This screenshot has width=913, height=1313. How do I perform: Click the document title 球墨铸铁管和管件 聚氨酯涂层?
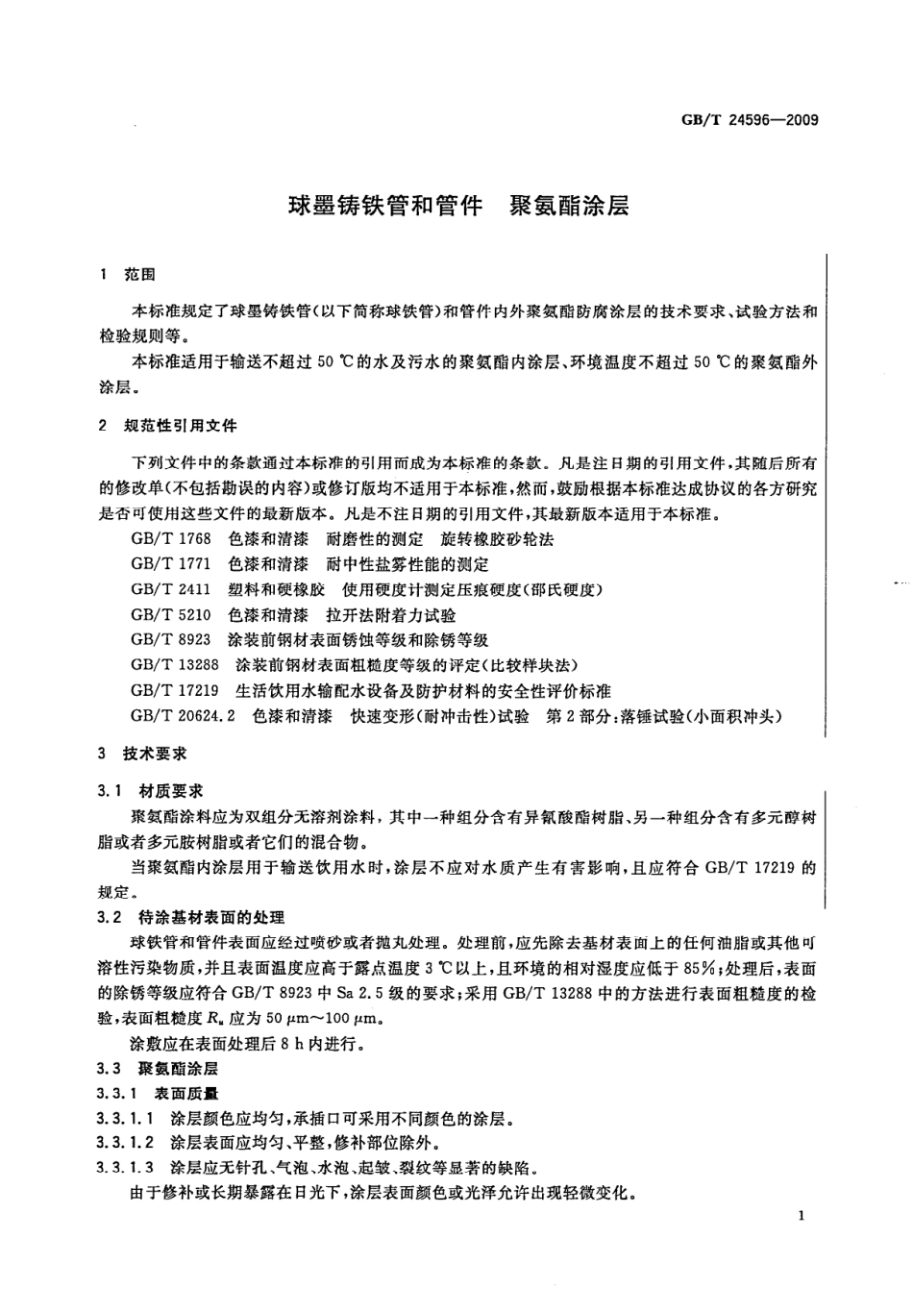pyautogui.click(x=458, y=206)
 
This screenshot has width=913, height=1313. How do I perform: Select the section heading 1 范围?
pyautogui.click(x=127, y=275)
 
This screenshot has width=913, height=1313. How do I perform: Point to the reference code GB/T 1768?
pyautogui.click(x=170, y=539)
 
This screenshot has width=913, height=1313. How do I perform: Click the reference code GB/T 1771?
pyautogui.click(x=170, y=564)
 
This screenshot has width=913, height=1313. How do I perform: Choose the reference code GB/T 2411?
pyautogui.click(x=170, y=589)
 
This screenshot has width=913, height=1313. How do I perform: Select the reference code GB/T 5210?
pyautogui.click(x=170, y=615)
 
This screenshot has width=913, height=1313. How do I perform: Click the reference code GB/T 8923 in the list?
pyautogui.click(x=170, y=640)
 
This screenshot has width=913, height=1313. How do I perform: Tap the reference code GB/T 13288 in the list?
pyautogui.click(x=175, y=665)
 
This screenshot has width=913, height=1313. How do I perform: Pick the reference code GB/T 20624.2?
pyautogui.click(x=183, y=716)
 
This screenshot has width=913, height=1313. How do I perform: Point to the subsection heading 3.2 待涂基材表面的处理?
pyautogui.click(x=191, y=917)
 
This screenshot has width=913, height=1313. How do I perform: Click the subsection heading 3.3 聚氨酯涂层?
pyautogui.click(x=159, y=1068)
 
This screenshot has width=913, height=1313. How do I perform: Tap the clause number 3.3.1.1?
pyautogui.click(x=125, y=1119)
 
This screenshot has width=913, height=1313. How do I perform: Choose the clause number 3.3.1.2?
pyautogui.click(x=125, y=1143)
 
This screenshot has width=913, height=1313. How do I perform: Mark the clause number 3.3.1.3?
pyautogui.click(x=125, y=1168)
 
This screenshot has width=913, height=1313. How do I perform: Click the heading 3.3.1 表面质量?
pyautogui.click(x=158, y=1093)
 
